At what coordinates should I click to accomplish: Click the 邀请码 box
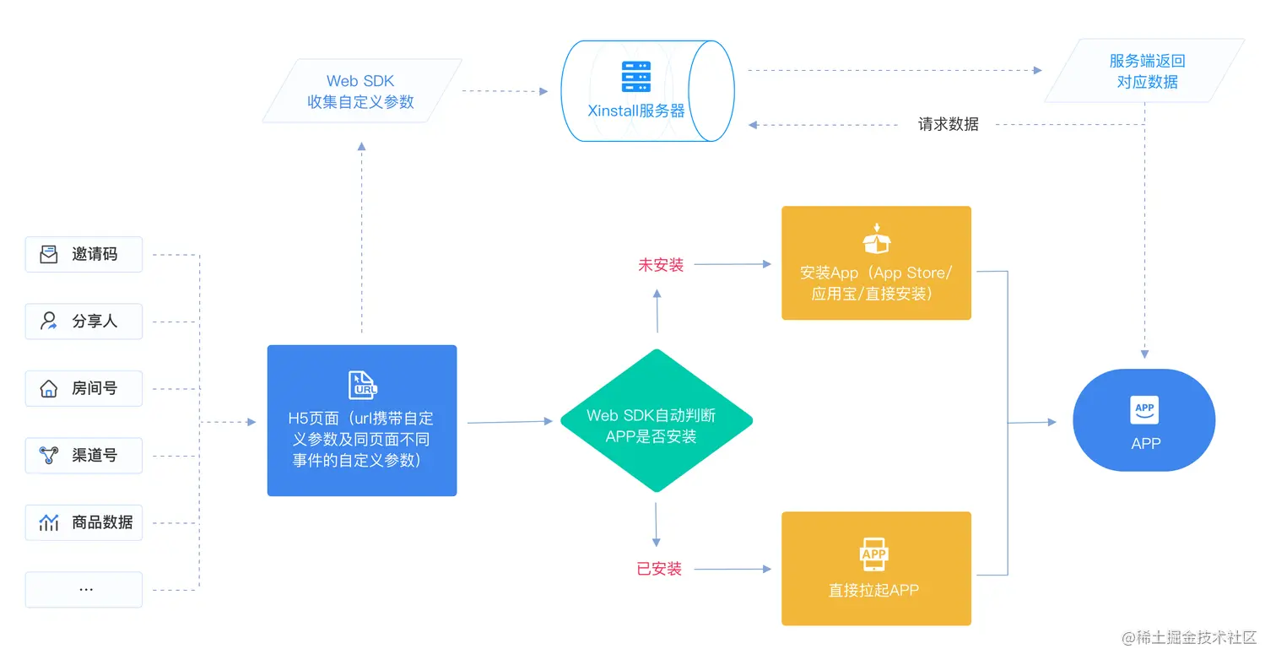tap(84, 254)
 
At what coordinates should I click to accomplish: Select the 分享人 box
tap(84, 322)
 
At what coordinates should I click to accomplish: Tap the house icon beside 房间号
tap(49, 389)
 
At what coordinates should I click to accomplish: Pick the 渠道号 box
tap(84, 456)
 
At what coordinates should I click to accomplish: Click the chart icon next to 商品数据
tap(49, 522)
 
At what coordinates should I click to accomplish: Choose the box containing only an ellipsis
tap(84, 589)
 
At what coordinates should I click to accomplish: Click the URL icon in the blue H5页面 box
tap(362, 385)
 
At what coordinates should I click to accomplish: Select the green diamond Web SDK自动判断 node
tap(656, 421)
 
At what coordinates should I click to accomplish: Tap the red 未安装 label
tap(660, 265)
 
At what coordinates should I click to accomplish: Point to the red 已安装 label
tap(659, 569)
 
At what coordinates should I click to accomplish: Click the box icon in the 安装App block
tap(876, 239)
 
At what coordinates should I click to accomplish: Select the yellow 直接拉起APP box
tap(876, 568)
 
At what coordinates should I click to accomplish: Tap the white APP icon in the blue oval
tap(1144, 410)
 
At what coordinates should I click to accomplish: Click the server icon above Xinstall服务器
tap(635, 76)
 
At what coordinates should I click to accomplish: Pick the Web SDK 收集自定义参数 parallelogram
tap(361, 91)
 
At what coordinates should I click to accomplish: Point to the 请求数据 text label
tap(948, 125)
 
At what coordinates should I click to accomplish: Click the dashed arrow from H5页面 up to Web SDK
tap(362, 236)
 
